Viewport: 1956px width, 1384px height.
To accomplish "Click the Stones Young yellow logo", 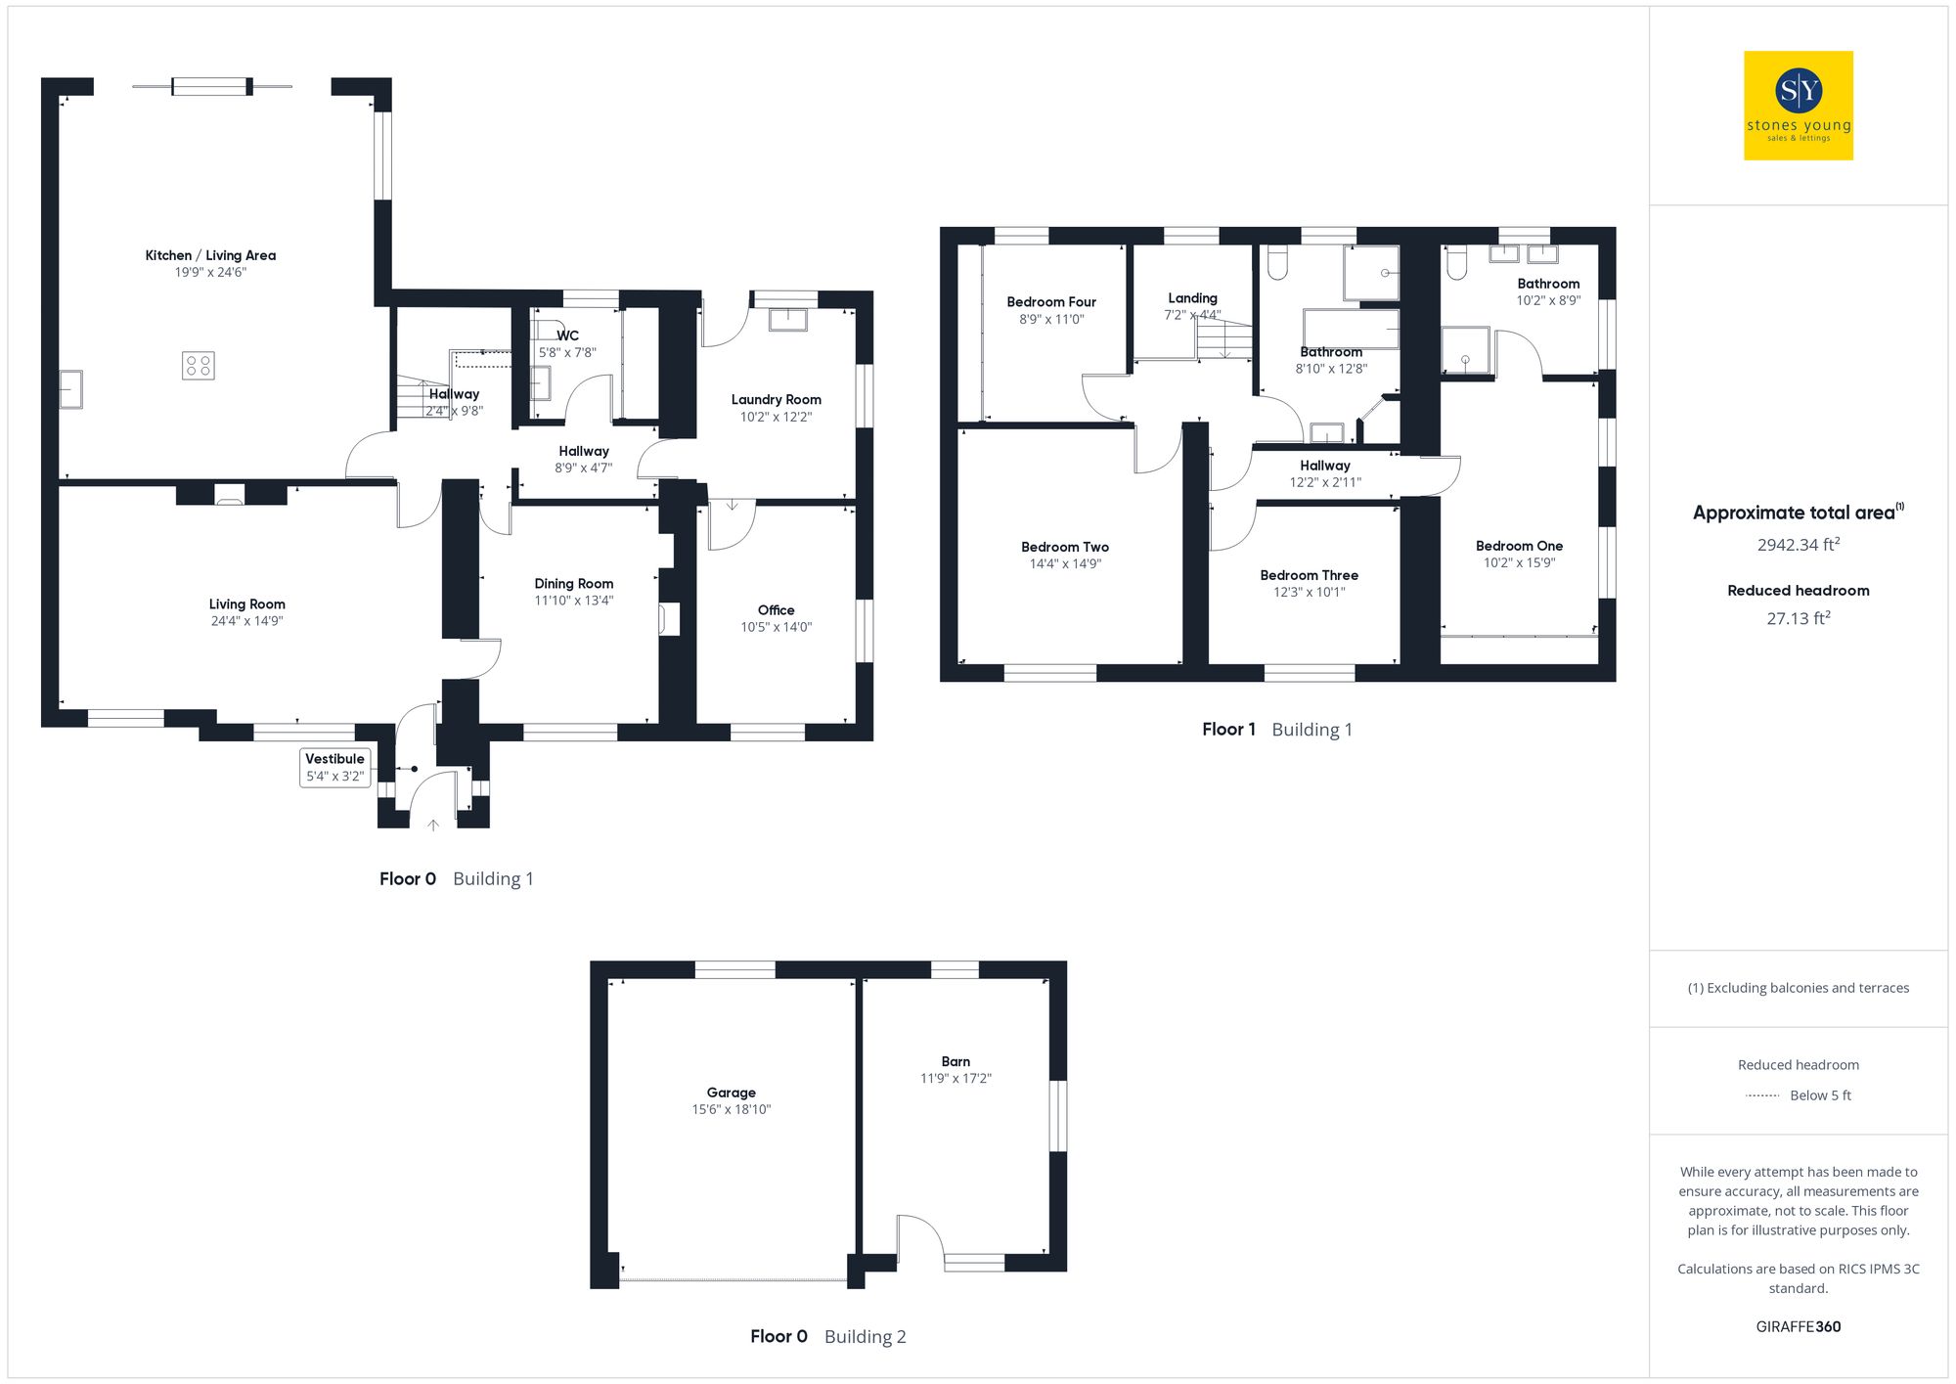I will pyautogui.click(x=1798, y=106).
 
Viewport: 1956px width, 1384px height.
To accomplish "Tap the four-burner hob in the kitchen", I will pyautogui.click(x=199, y=366).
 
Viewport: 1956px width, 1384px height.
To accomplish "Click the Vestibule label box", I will pyautogui.click(x=334, y=768).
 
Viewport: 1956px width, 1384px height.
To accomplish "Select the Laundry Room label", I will pyautogui.click(x=776, y=399).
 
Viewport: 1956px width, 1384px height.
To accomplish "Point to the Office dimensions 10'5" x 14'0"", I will pyautogui.click(x=776, y=627).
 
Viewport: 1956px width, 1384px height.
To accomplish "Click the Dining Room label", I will pyautogui.click(x=573, y=583).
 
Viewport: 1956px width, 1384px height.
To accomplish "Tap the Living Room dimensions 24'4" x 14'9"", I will pyautogui.click(x=246, y=621).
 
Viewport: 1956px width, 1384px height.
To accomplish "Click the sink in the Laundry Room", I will pyautogui.click(x=787, y=320).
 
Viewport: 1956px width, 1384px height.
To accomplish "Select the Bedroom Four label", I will pyautogui.click(x=1051, y=302).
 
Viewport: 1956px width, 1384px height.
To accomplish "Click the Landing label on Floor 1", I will pyautogui.click(x=1192, y=298).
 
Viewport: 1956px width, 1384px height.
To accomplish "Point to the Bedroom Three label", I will pyautogui.click(x=1309, y=575).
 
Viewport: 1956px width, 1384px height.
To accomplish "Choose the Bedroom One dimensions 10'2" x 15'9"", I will pyautogui.click(x=1519, y=562).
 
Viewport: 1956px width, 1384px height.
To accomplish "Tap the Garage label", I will pyautogui.click(x=732, y=1093).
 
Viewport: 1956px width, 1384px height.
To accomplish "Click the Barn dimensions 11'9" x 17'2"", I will pyautogui.click(x=956, y=1078).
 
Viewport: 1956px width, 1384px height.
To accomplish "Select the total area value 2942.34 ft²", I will pyautogui.click(x=1798, y=545).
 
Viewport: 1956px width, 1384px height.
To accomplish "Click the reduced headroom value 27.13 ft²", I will pyautogui.click(x=1798, y=618).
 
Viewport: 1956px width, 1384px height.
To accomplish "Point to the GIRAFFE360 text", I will pyautogui.click(x=1798, y=1326).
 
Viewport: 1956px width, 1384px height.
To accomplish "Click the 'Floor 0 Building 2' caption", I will pyautogui.click(x=827, y=1336).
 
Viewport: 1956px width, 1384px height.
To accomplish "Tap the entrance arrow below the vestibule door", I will pyautogui.click(x=433, y=826).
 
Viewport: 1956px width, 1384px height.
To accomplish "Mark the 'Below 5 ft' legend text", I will pyautogui.click(x=1820, y=1095).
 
